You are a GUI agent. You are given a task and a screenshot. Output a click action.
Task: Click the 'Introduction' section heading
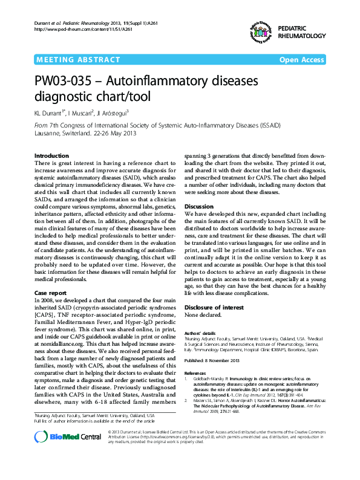click(51, 156)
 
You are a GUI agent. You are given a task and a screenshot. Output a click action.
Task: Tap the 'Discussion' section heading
click(198, 206)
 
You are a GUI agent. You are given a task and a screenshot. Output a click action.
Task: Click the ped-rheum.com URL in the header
click(76, 29)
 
